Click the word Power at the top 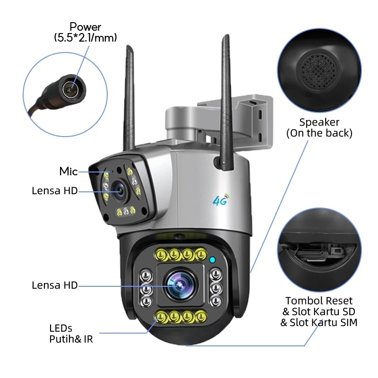point(85,27)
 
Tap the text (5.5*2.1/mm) point(85,38)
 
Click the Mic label point(69,172)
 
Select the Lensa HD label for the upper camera point(54,191)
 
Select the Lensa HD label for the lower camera point(54,285)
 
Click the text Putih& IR point(71,338)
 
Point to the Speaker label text point(319,122)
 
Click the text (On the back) point(319,133)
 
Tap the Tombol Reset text point(319,301)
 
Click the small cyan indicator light point(213,259)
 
